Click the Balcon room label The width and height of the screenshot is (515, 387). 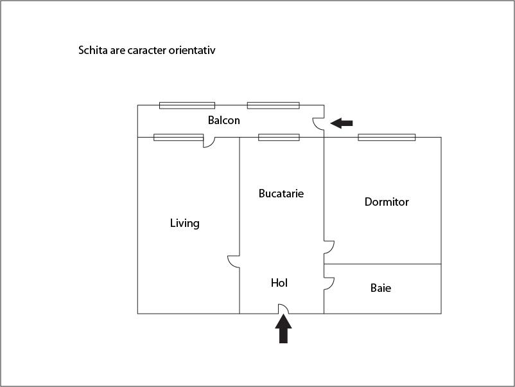coord(223,120)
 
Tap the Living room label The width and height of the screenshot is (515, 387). coord(184,223)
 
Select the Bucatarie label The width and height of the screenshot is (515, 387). coord(281,194)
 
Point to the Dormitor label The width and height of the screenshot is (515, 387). coord(387,202)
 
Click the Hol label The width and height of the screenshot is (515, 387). coord(279,283)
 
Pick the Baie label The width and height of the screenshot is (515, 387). coord(381,288)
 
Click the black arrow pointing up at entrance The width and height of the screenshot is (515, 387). coord(283,328)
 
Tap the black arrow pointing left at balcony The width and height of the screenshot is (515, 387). coord(341,123)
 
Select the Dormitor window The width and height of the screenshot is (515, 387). coord(387,137)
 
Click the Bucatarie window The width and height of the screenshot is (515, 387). coord(279,137)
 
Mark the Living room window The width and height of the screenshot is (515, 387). coord(179,137)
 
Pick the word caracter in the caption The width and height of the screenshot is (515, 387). coord(147,50)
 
